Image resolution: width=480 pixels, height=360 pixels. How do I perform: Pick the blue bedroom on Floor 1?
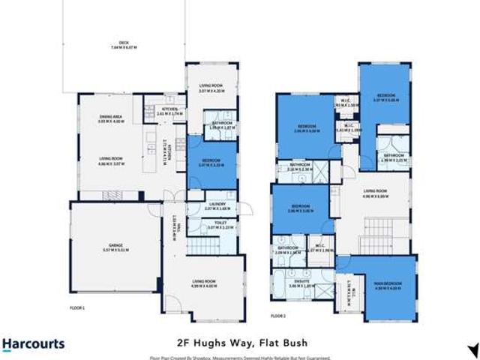(x=211, y=162)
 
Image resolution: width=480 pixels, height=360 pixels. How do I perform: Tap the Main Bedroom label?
(x=388, y=284)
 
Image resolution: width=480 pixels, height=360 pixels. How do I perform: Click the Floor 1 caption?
(x=78, y=308)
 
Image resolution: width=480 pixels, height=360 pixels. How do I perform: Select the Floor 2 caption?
(x=278, y=316)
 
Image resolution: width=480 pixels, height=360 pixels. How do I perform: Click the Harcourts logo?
(x=33, y=344)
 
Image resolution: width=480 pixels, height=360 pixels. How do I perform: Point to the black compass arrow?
(x=472, y=349)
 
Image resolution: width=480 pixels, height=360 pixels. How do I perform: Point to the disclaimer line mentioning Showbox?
(x=240, y=357)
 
